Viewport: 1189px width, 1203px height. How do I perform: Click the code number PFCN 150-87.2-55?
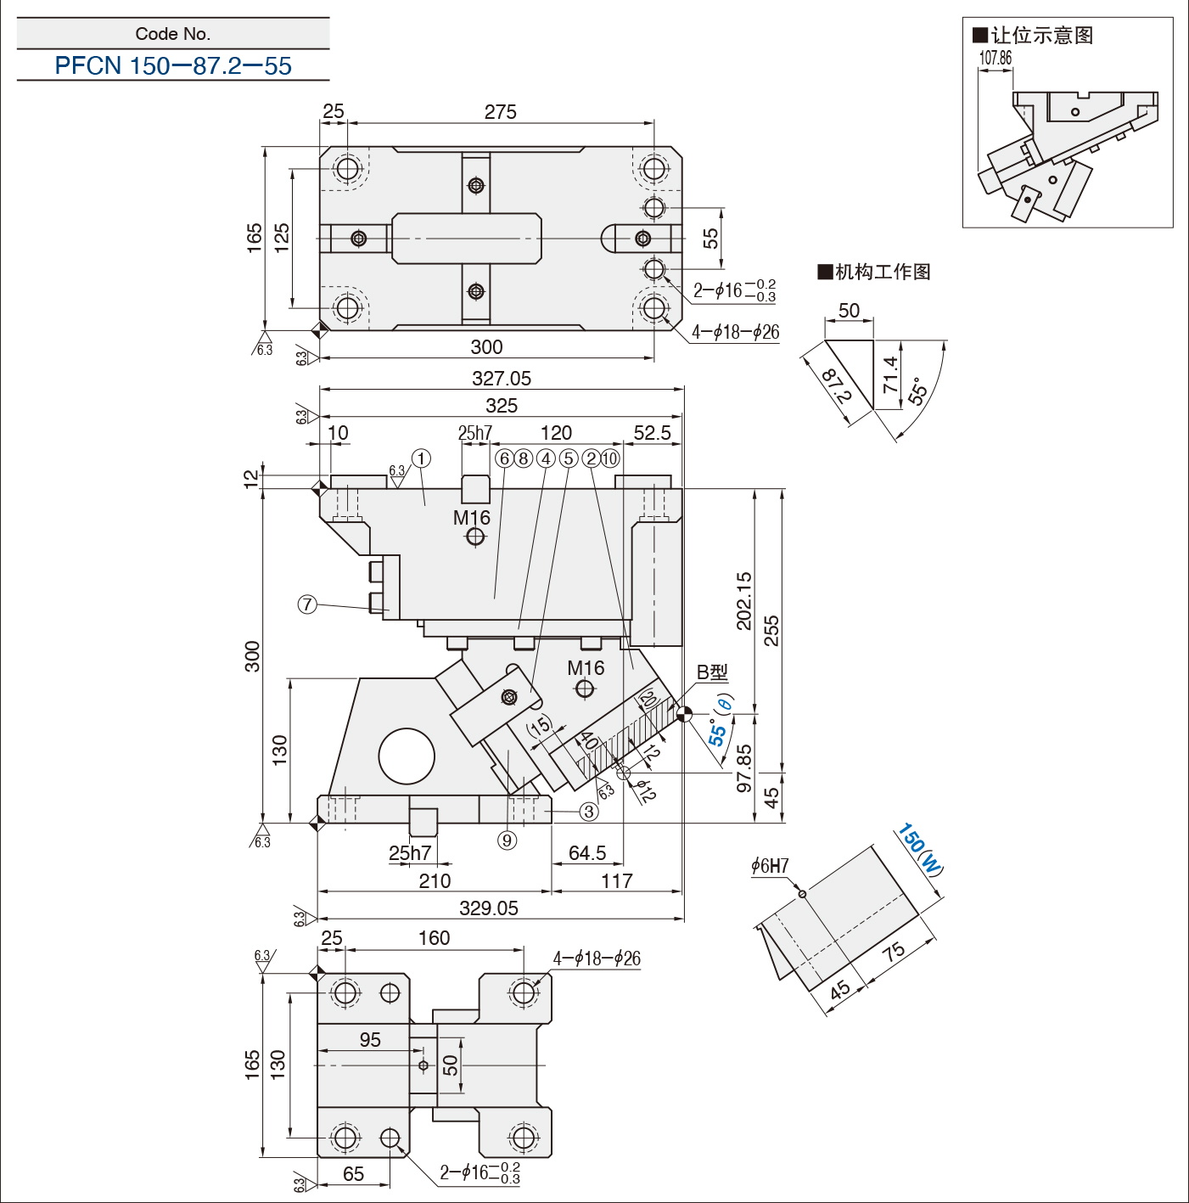pos(173,65)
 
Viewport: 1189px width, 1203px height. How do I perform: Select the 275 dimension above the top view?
pos(500,112)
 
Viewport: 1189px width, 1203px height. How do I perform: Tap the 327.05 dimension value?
pos(502,379)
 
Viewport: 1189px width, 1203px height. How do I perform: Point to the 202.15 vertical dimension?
pos(744,600)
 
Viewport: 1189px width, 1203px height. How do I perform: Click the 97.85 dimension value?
pos(744,768)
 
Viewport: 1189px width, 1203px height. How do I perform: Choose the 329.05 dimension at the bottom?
pos(489,908)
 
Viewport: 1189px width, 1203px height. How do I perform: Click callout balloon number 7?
pos(307,604)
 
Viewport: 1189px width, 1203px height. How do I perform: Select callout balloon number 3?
pos(589,812)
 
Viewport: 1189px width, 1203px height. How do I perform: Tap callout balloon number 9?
pos(507,840)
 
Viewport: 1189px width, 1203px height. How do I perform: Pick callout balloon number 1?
pos(421,458)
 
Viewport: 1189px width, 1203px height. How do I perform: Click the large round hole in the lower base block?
pos(407,756)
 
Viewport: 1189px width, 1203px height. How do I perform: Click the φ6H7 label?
pos(770,866)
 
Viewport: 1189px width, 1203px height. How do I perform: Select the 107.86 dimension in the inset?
pos(995,58)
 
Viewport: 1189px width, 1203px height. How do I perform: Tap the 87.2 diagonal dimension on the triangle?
pos(836,386)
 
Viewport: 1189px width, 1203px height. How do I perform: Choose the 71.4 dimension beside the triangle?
pos(890,374)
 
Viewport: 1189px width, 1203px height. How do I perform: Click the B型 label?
pos(712,672)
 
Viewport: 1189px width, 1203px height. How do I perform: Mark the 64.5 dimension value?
pos(587,852)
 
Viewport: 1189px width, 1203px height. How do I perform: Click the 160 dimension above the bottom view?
pos(434,937)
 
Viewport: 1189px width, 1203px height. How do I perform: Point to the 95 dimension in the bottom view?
pos(369,1039)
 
